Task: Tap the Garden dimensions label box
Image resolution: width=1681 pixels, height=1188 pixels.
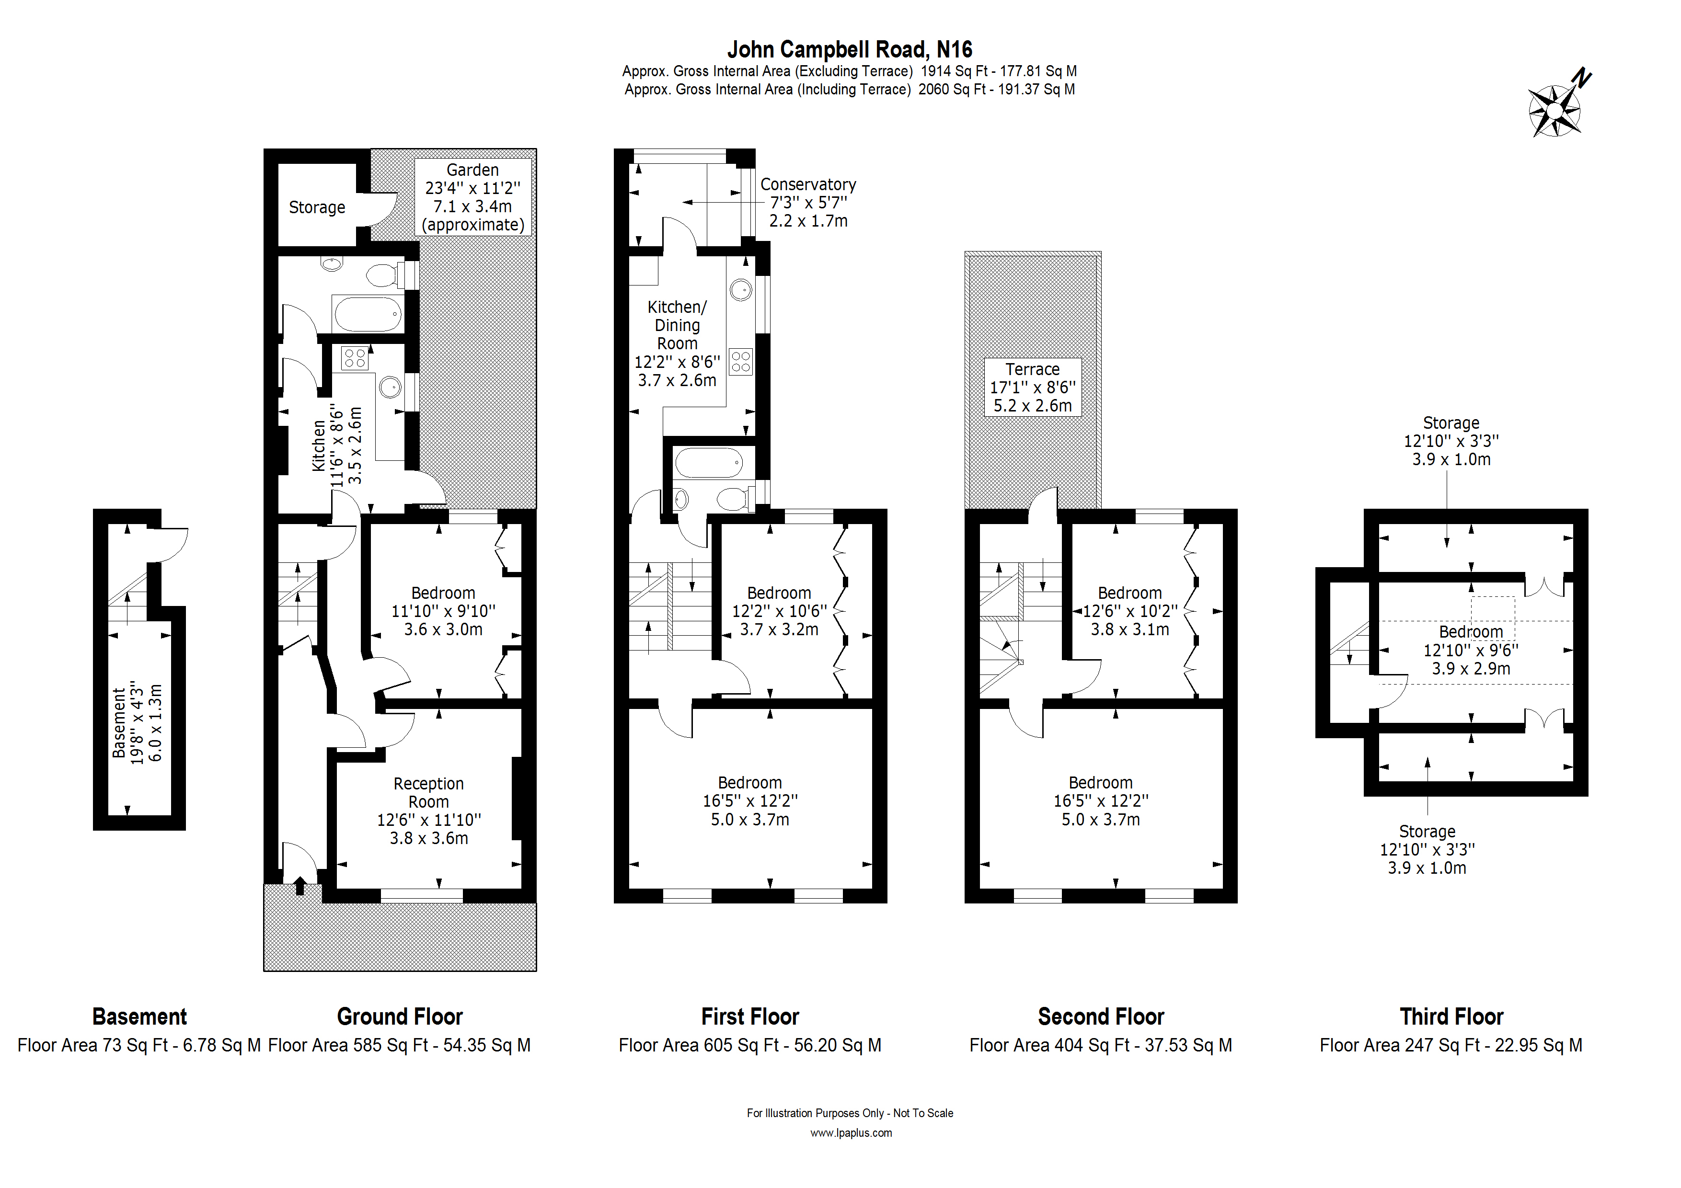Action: coord(473,197)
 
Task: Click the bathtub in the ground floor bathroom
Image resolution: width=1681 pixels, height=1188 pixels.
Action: coord(368,314)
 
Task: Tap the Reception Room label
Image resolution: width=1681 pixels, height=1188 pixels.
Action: coord(428,811)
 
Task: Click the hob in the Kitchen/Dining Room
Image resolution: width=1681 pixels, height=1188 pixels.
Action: coord(741,362)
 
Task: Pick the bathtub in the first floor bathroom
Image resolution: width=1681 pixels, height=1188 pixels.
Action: coord(709,463)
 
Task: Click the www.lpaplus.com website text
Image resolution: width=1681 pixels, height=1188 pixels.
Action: coord(851,1133)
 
